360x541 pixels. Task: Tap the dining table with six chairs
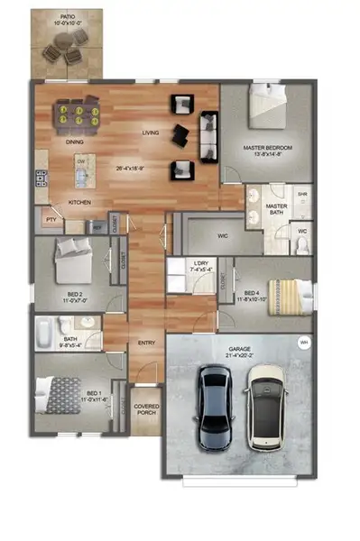pyautogui.click(x=75, y=115)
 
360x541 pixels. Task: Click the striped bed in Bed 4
pyautogui.click(x=292, y=294)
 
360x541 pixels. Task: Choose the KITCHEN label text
pyautogui.click(x=80, y=201)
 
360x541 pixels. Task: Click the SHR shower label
pyautogui.click(x=302, y=192)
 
